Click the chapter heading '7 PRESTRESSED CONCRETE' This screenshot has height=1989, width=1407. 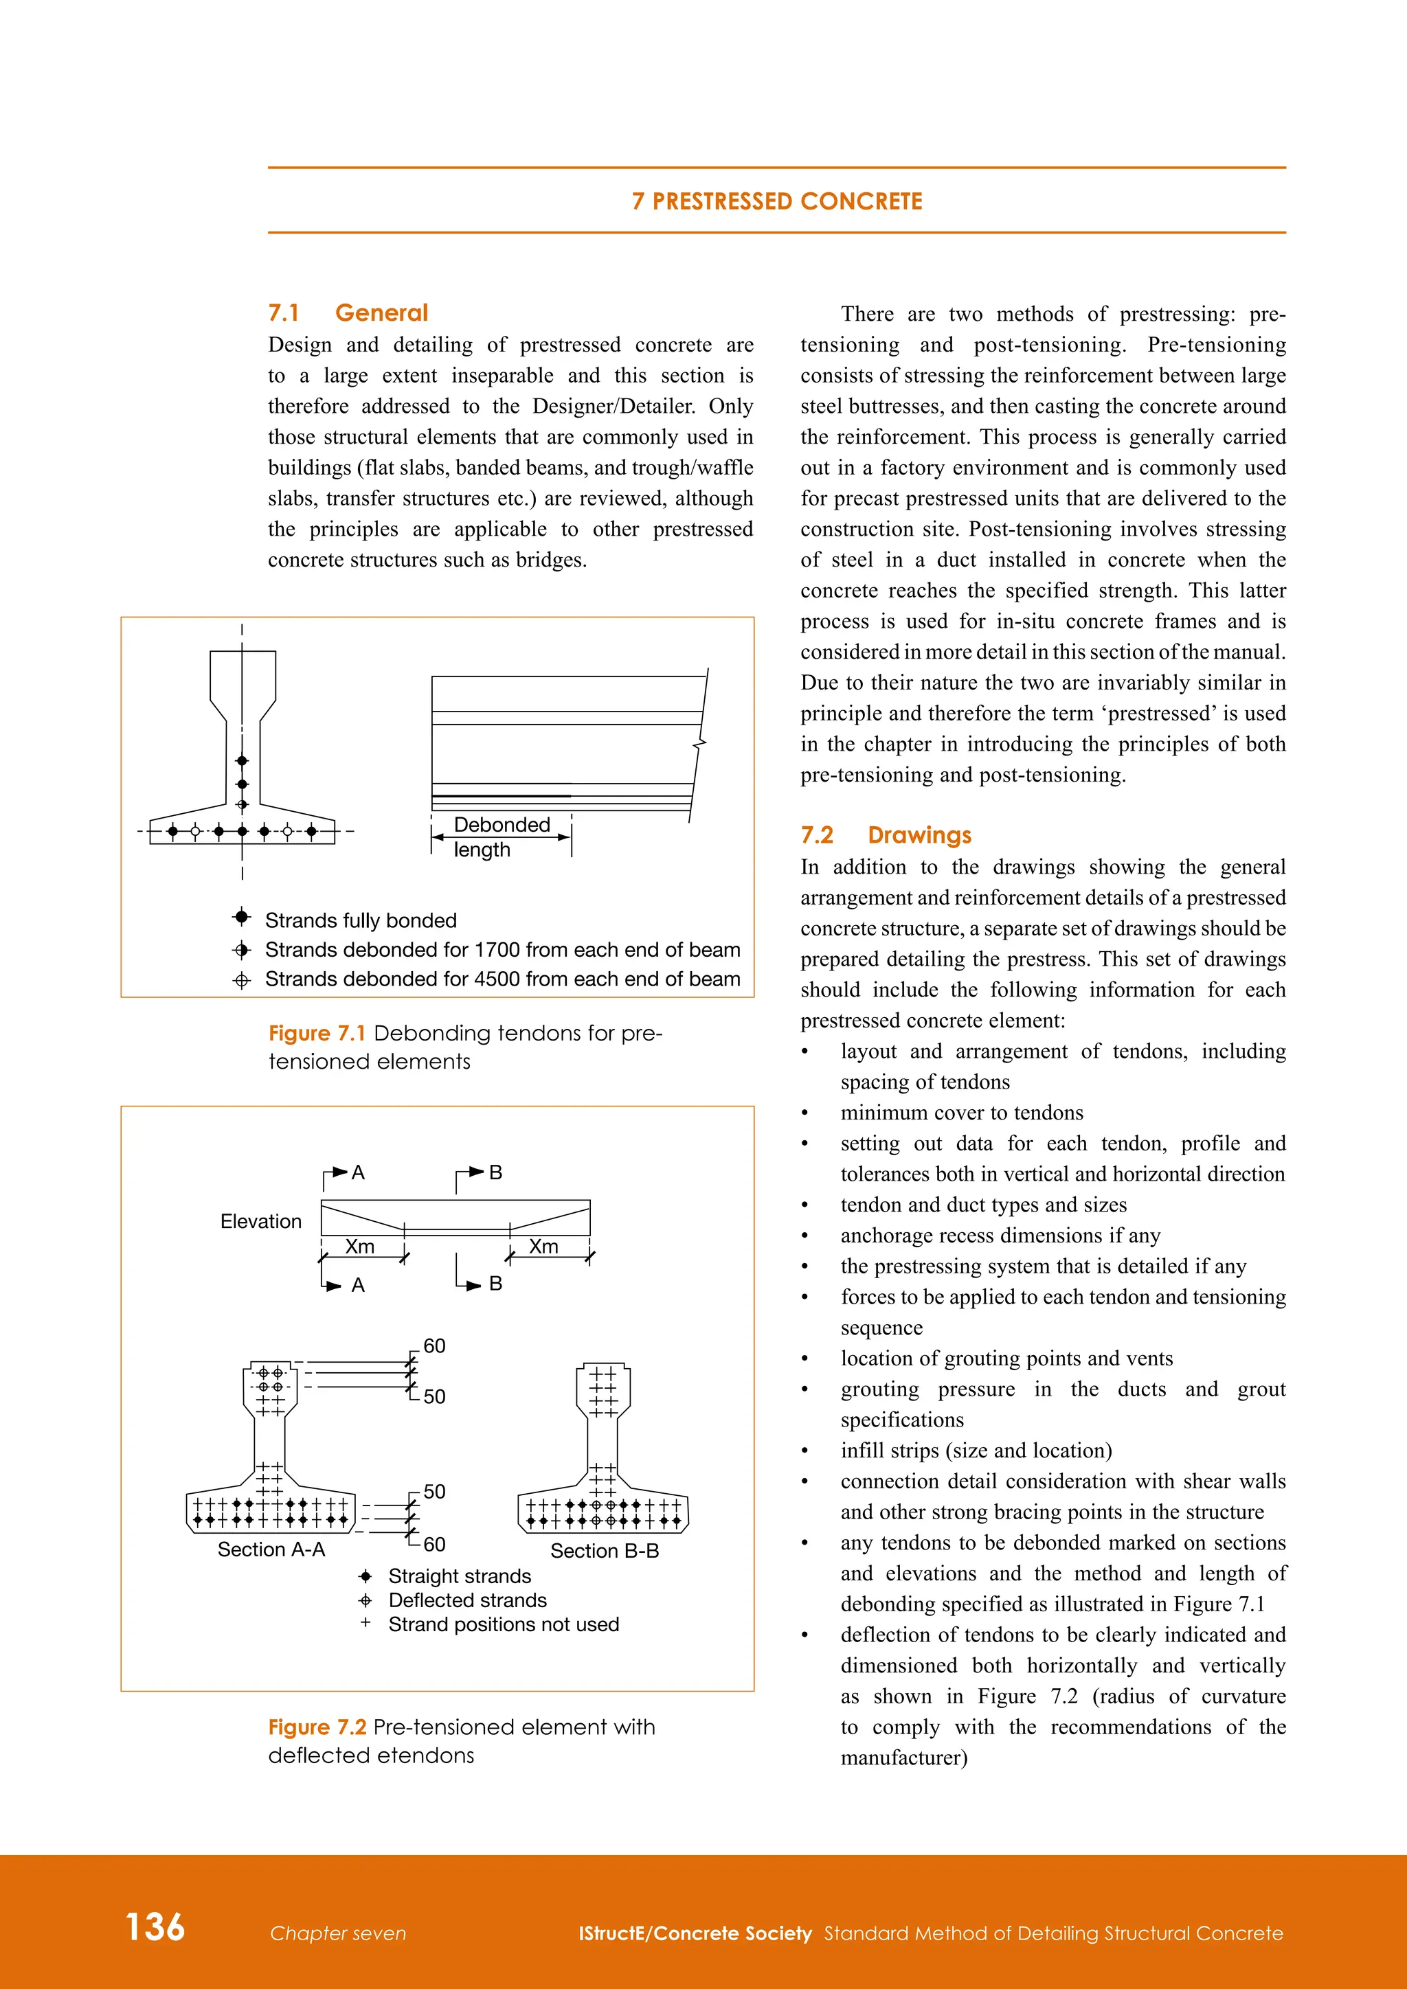(x=776, y=201)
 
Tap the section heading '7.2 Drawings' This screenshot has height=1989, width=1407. (x=885, y=835)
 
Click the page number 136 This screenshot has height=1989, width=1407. (x=155, y=1927)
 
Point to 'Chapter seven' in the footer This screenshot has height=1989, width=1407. (x=338, y=1933)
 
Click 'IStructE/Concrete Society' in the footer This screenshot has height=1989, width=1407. (x=695, y=1933)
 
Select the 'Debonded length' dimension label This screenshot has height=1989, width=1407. (x=501, y=837)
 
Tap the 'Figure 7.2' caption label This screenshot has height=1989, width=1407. (x=317, y=1727)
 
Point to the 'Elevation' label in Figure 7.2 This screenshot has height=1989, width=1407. (x=261, y=1221)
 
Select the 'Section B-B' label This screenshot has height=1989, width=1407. (x=605, y=1551)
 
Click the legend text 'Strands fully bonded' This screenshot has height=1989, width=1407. (x=361, y=920)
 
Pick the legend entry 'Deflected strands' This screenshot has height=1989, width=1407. (x=467, y=1600)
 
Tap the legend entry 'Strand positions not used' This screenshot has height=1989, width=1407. (x=504, y=1624)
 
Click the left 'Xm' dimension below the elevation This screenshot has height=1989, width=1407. (x=359, y=1247)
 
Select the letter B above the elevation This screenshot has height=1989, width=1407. (x=495, y=1172)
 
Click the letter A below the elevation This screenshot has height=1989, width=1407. (x=358, y=1286)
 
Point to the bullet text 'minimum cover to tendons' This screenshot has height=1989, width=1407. (x=962, y=1113)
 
